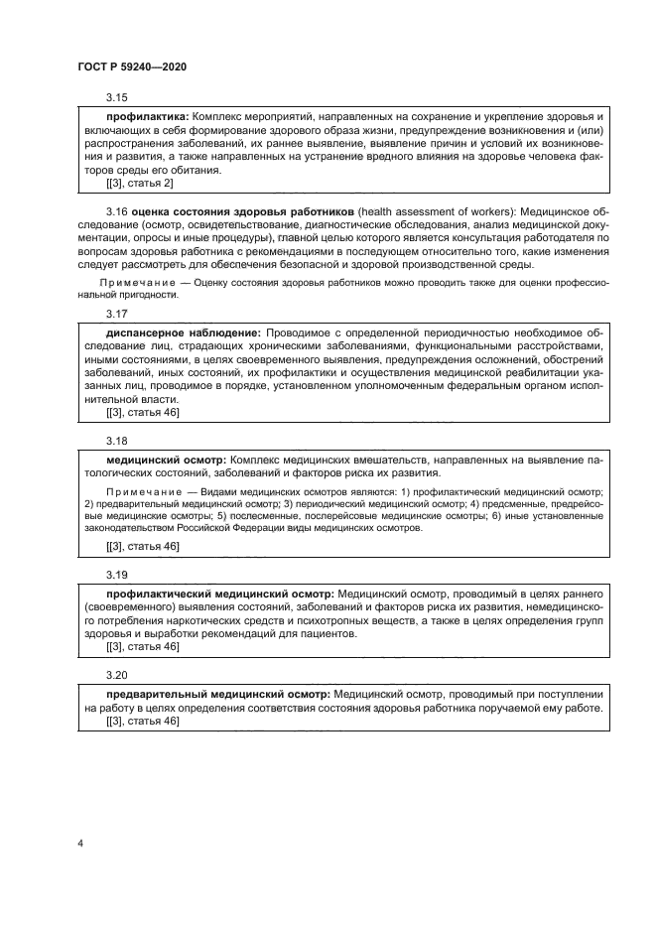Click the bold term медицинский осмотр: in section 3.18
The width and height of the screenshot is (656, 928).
tap(166, 460)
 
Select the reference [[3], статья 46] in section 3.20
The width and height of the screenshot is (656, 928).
tap(142, 723)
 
